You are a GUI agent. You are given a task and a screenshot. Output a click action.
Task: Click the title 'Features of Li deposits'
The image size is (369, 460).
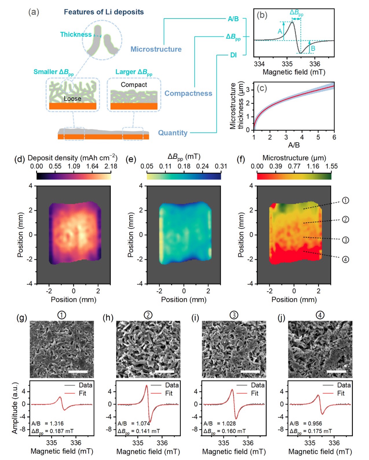[104, 12]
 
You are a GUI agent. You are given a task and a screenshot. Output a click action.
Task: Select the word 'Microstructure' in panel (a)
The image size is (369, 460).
[156, 49]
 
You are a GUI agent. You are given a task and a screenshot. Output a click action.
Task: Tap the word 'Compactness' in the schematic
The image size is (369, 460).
[188, 93]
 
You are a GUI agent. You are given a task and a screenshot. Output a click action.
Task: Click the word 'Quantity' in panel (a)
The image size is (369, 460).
[173, 133]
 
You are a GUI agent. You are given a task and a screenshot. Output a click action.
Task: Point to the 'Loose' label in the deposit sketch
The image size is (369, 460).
[72, 99]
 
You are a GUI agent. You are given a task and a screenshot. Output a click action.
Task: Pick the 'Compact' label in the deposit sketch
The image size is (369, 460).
[134, 85]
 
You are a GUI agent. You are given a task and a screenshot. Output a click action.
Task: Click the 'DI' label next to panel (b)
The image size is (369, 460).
[233, 55]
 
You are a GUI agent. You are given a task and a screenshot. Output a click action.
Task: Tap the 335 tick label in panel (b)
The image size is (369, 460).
[287, 64]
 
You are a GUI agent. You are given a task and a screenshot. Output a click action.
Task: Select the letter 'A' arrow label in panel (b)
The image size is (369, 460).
[280, 31]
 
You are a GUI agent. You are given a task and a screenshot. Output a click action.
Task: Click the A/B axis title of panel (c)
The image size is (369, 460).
[294, 145]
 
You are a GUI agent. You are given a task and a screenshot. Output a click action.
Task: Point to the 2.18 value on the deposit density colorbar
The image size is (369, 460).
[111, 166]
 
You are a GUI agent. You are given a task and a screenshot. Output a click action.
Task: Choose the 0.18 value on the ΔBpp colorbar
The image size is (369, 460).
[184, 166]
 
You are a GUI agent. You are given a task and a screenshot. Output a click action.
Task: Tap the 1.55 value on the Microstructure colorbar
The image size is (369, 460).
[331, 166]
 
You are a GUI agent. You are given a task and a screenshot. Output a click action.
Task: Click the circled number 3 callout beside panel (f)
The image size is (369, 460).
[346, 240]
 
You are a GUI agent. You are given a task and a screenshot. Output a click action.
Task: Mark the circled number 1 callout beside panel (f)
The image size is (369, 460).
[346, 200]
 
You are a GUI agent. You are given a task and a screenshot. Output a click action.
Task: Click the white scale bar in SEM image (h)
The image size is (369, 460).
[165, 372]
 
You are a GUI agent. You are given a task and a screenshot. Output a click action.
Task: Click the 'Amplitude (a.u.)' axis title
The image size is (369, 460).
[15, 408]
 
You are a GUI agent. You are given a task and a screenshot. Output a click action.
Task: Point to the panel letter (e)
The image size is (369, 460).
[131, 159]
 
